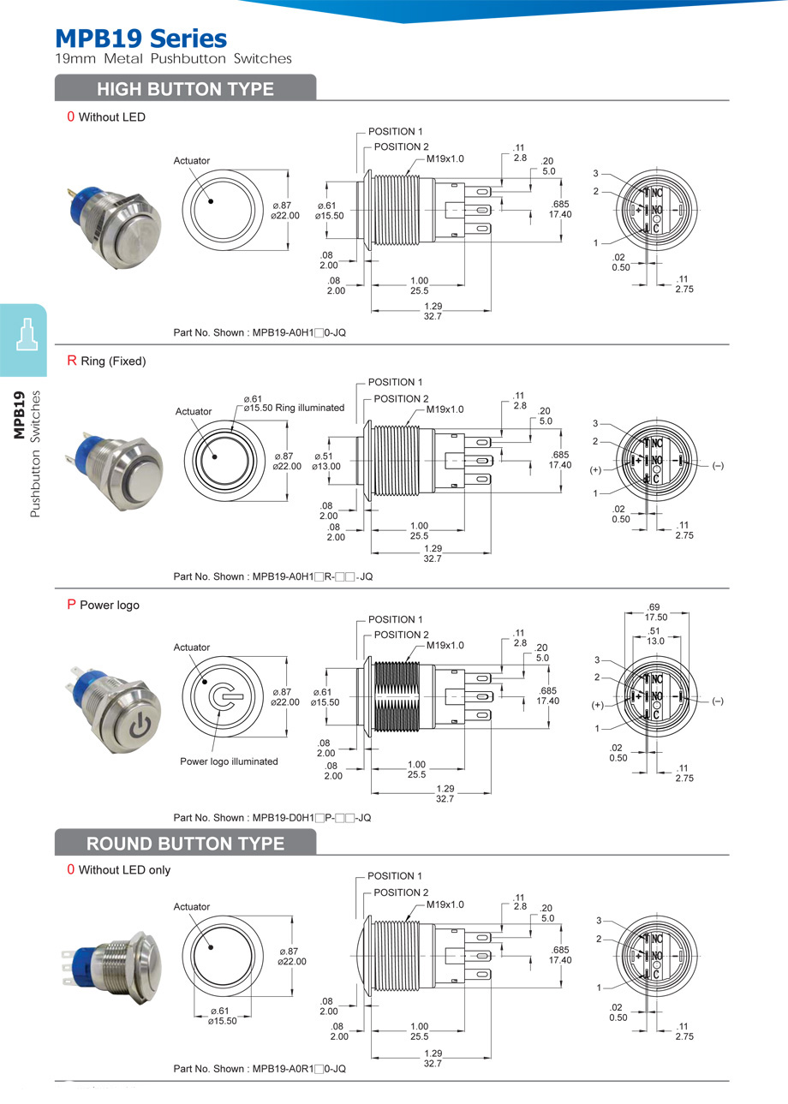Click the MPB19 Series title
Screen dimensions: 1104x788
pyautogui.click(x=140, y=38)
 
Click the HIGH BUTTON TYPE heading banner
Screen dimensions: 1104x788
pyautogui.click(x=185, y=89)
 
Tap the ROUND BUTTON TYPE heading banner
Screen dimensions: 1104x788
pyautogui.click(x=185, y=844)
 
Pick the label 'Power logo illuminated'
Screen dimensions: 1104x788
pyautogui.click(x=229, y=761)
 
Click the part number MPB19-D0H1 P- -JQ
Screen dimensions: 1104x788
pyautogui.click(x=272, y=818)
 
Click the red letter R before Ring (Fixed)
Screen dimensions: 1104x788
pyautogui.click(x=72, y=361)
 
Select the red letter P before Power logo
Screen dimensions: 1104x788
pyautogui.click(x=72, y=605)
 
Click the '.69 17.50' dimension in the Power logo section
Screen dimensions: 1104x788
pyautogui.click(x=656, y=612)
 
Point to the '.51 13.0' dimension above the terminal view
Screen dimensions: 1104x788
pyautogui.click(x=655, y=636)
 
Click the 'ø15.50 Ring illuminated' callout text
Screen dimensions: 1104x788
pyautogui.click(x=294, y=408)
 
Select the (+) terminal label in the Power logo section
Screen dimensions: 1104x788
pyautogui.click(x=597, y=704)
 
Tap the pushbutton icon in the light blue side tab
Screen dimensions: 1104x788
pyautogui.click(x=25, y=335)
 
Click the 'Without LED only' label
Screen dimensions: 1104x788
pyautogui.click(x=124, y=870)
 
